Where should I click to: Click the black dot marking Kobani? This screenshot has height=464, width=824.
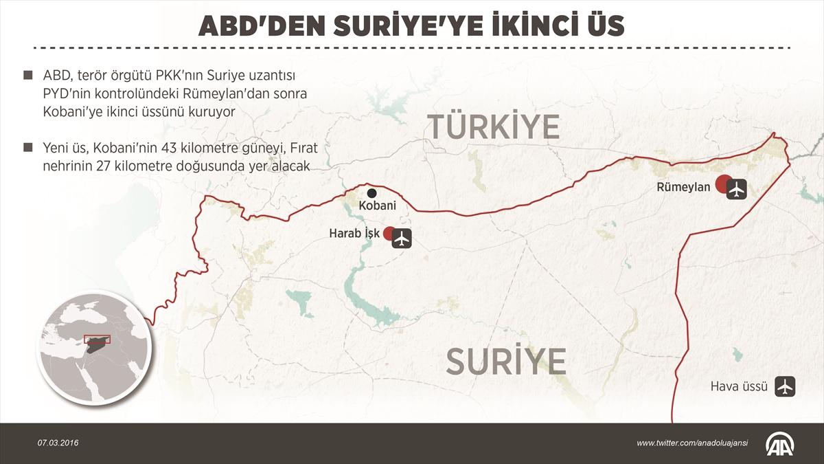coord(371,193)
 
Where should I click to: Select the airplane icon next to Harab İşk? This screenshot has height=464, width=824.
coord(402,239)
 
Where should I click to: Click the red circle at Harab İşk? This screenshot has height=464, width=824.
coord(389,233)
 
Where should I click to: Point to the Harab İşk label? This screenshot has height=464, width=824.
coord(354,234)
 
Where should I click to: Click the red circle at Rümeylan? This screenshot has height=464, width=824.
coord(722,184)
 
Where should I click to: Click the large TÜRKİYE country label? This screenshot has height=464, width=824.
coord(494,127)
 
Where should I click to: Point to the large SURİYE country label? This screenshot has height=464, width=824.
coord(506,361)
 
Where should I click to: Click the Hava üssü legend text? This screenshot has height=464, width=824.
coord(739,386)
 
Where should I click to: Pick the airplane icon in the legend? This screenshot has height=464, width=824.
coord(784,386)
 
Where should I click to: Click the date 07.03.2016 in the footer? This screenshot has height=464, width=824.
coord(58,443)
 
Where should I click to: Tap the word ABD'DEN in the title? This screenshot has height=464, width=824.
coord(253,26)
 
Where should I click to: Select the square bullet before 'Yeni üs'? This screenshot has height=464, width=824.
coord(27,148)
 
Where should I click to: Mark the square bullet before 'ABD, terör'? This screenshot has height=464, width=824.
coord(27,75)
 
